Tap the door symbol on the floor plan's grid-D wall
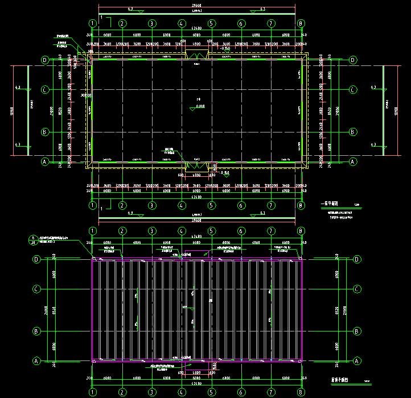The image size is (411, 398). pyautogui.click(x=196, y=55)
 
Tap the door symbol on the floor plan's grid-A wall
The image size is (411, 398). pyautogui.click(x=196, y=165)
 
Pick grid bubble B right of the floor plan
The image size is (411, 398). pyautogui.click(x=353, y=132)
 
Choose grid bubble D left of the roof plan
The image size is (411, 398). pyautogui.click(x=36, y=259)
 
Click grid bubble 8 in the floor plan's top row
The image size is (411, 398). pyautogui.click(x=301, y=23)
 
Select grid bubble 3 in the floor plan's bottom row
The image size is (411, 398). pyautogui.click(x=152, y=206)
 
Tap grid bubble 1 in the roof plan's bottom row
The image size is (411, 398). pyautogui.click(x=92, y=392)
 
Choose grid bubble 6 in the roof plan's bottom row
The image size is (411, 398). pyautogui.click(x=241, y=392)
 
